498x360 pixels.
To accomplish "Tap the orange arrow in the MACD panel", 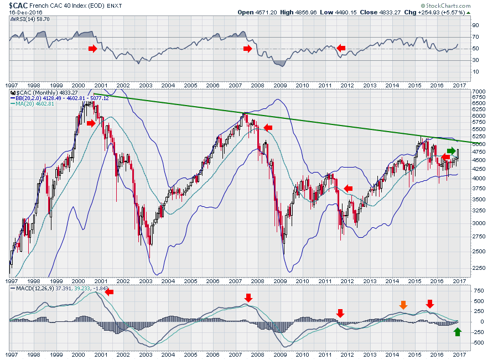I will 403,305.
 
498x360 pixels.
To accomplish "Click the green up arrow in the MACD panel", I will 457,332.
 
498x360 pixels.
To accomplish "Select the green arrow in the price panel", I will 452,150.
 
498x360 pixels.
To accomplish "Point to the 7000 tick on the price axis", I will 478,91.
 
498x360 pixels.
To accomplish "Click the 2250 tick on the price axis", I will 478,269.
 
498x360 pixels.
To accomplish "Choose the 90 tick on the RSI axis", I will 475,25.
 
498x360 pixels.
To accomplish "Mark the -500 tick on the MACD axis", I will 478,342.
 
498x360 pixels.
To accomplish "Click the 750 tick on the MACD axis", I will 476,290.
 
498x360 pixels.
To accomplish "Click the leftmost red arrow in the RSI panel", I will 92,49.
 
